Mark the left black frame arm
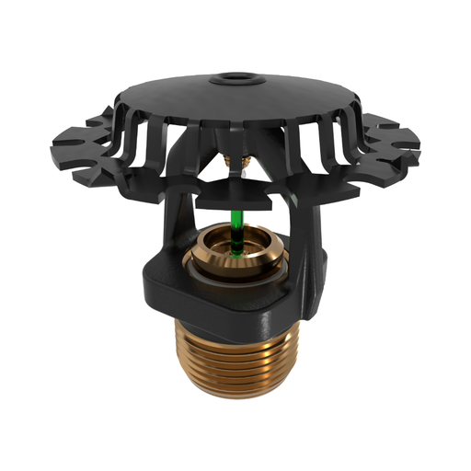point(178,221)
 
